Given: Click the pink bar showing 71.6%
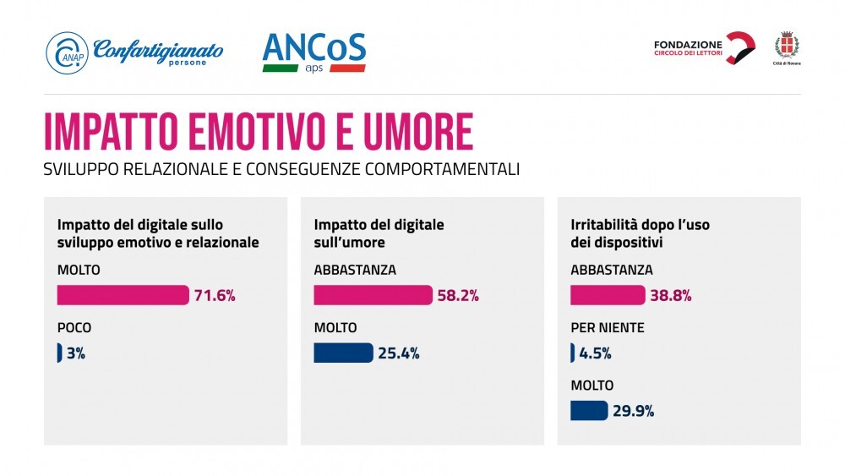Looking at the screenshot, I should (x=123, y=295).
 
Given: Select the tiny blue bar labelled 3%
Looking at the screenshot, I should (x=59, y=353).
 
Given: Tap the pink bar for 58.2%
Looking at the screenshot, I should (x=373, y=295).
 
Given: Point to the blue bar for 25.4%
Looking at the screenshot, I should (x=343, y=353).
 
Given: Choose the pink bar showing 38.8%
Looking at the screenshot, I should (x=608, y=295).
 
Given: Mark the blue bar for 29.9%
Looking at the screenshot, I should (x=589, y=411).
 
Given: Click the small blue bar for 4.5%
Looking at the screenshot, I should (x=573, y=353).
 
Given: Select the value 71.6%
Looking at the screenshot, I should (x=215, y=296).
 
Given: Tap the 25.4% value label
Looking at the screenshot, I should (x=399, y=353).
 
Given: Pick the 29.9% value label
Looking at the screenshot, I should (x=634, y=412).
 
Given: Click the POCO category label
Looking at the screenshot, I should (x=74, y=327).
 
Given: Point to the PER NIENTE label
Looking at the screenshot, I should (x=608, y=327).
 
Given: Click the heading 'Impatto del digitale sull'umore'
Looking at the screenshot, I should (x=379, y=233).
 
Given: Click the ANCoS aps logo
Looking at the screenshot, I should (x=313, y=52).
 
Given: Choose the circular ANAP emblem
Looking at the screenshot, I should (x=67, y=52).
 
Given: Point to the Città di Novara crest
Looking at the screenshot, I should (x=788, y=48).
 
